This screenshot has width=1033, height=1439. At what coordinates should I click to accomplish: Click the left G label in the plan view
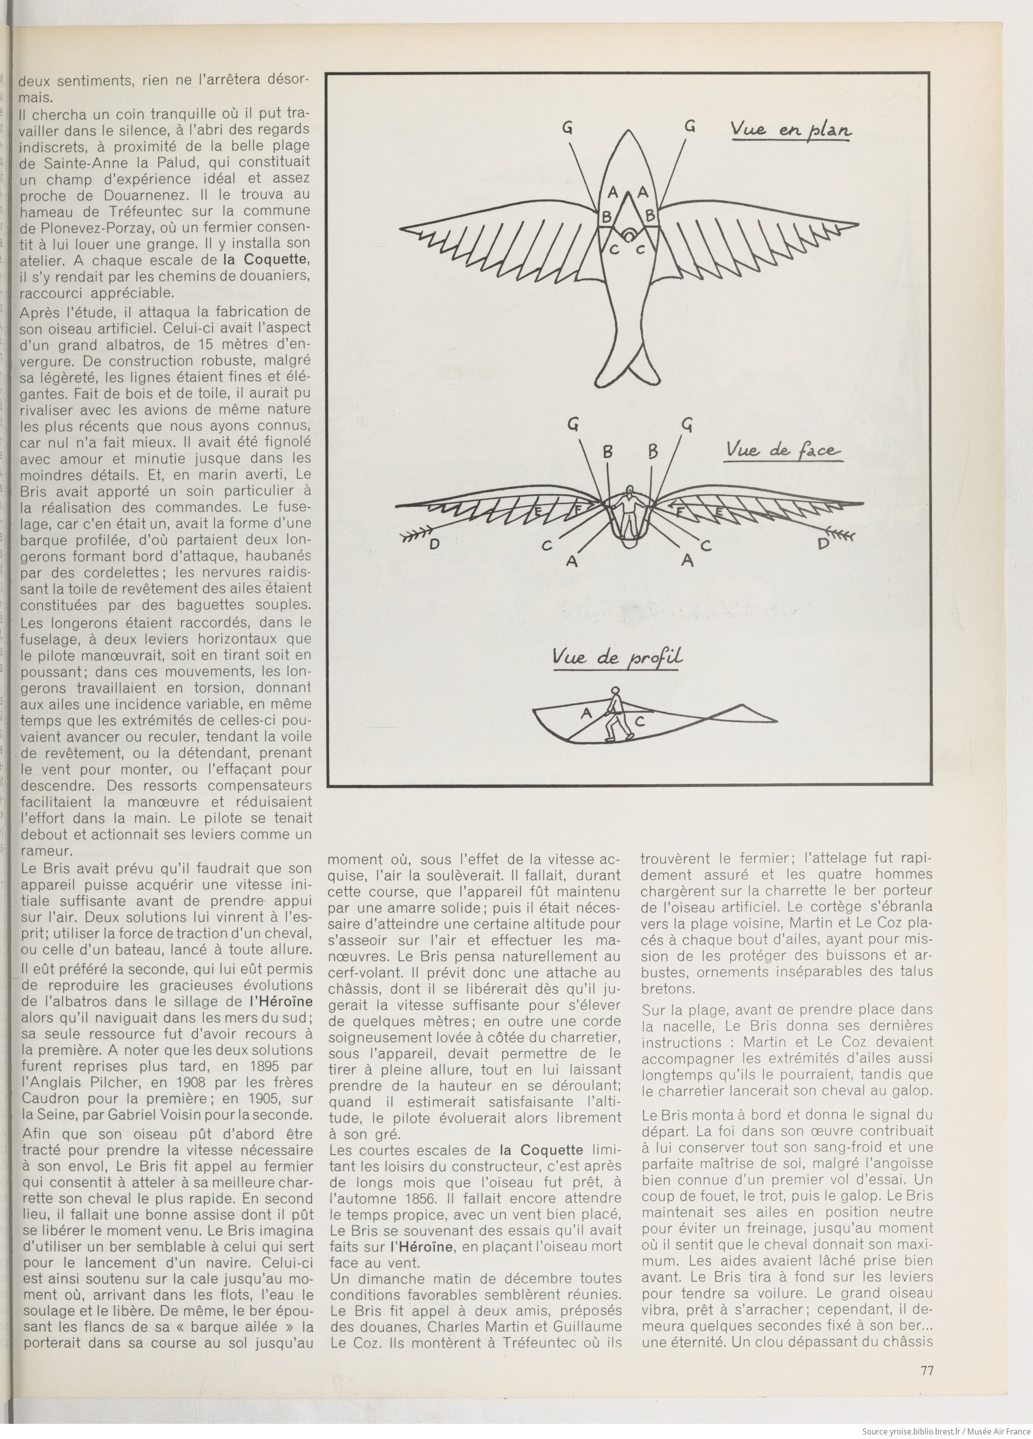(567, 128)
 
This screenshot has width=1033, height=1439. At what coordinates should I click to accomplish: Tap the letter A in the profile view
(586, 713)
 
